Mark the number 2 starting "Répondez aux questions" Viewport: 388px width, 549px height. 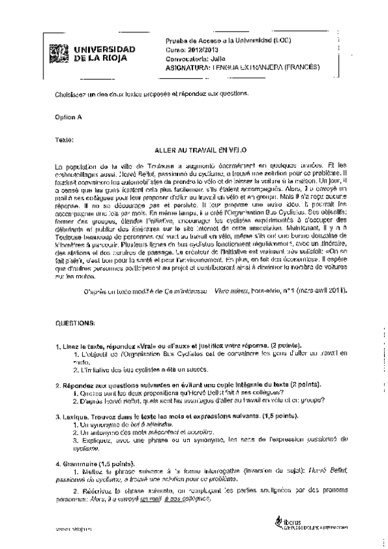click(58, 385)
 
